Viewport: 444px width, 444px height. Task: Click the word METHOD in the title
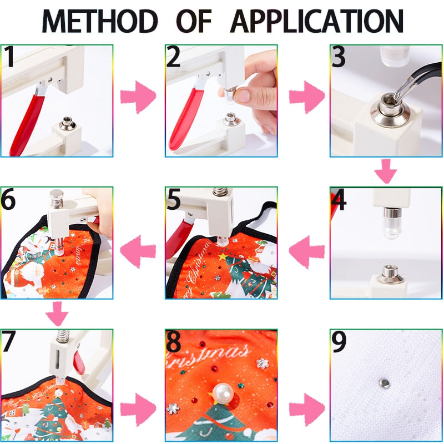pyautogui.click(x=100, y=21)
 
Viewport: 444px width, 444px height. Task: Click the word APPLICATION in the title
pyautogui.click(x=317, y=21)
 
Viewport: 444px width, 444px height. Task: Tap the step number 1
pyautogui.click(x=9, y=57)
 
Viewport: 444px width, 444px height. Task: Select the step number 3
pyautogui.click(x=339, y=58)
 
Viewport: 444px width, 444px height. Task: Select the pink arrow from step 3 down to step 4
pyautogui.click(x=385, y=171)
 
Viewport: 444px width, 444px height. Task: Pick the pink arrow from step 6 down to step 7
pyautogui.click(x=57, y=314)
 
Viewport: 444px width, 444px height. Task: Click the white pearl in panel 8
pyautogui.click(x=224, y=395)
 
